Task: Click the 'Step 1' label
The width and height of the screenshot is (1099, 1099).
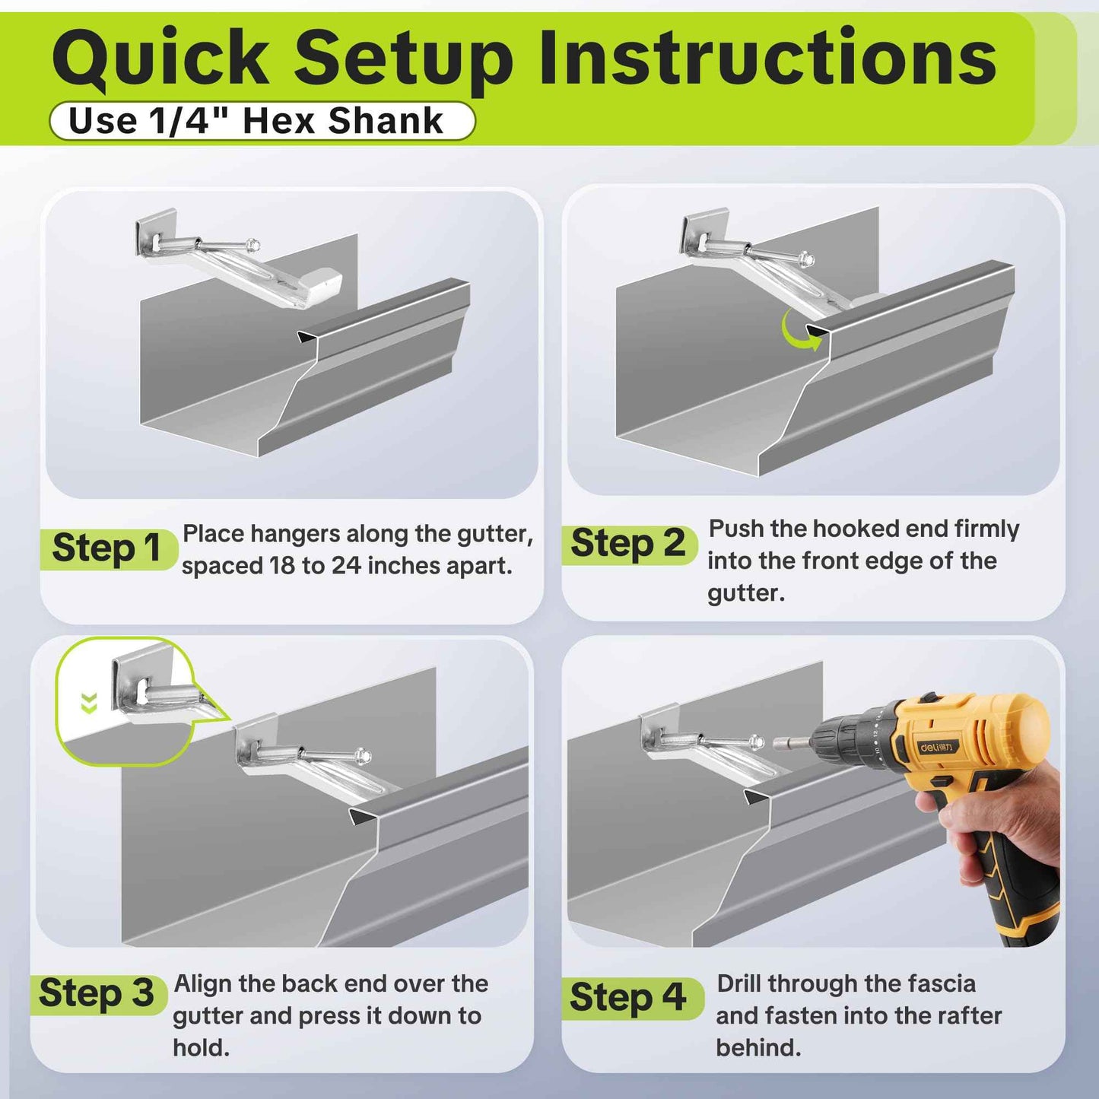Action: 106,548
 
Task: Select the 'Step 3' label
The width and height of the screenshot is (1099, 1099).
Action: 97,994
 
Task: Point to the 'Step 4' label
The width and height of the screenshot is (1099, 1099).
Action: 628,998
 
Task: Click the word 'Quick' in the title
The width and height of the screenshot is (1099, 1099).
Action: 160,59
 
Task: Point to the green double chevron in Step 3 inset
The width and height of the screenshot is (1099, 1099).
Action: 89,704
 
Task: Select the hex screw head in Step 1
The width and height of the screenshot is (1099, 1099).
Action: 253,246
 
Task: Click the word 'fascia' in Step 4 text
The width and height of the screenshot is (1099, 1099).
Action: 936,983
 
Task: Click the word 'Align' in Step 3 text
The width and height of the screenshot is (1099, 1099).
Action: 202,983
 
